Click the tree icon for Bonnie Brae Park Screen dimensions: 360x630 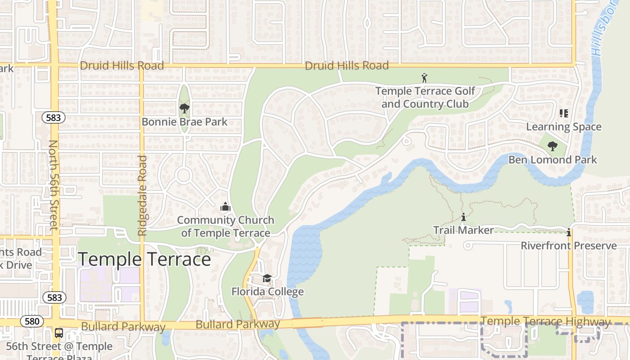click(x=184, y=108)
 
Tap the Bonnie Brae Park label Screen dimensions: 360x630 click(x=184, y=122)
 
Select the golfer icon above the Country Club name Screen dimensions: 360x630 click(x=424, y=78)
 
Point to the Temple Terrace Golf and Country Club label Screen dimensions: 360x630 click(x=425, y=98)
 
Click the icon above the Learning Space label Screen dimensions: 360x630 click(x=563, y=113)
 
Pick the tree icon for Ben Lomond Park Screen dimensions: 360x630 click(x=552, y=146)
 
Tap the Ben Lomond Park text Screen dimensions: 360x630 click(x=553, y=160)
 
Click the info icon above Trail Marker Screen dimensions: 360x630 click(x=463, y=217)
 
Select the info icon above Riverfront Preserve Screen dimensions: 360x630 click(x=569, y=233)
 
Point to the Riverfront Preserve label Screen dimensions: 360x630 click(x=569, y=246)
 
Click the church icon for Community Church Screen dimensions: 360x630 click(x=225, y=207)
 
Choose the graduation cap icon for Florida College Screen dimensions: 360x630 click(x=267, y=279)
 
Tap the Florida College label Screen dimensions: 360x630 click(x=267, y=292)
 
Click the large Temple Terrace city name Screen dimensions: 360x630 click(x=144, y=260)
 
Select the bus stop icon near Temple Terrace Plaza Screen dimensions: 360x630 click(x=59, y=333)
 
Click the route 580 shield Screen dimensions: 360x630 click(x=31, y=321)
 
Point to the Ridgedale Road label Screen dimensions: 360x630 click(x=142, y=196)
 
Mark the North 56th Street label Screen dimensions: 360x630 click(x=54, y=185)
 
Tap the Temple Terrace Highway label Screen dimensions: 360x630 click(x=545, y=321)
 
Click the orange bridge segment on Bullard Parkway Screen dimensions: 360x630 click(x=307, y=323)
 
